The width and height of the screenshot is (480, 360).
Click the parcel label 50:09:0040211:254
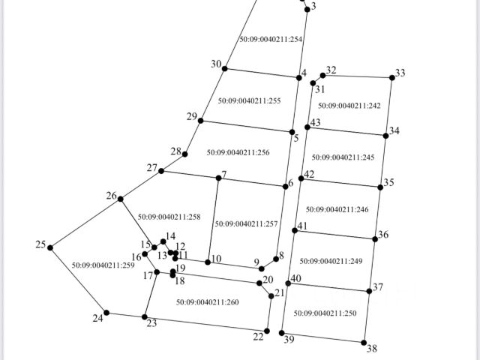click(271, 39)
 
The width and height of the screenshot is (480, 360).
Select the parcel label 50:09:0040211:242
click(349, 106)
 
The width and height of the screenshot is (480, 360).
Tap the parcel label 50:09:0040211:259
click(103, 265)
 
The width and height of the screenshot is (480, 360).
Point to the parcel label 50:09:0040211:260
click(207, 301)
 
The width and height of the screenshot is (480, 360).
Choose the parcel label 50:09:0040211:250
click(325, 313)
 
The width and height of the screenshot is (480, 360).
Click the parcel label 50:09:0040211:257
click(246, 223)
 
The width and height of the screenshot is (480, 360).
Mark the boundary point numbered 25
click(50, 247)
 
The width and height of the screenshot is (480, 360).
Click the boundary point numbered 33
click(392, 77)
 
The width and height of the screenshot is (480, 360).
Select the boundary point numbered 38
click(364, 342)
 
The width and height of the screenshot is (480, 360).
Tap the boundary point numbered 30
click(225, 70)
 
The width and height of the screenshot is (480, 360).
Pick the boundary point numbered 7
click(218, 178)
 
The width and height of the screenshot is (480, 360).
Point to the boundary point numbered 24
click(106, 313)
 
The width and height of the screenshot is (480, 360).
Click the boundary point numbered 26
click(121, 199)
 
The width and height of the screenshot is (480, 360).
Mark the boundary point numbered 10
click(208, 262)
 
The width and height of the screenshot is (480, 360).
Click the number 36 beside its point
click(383, 235)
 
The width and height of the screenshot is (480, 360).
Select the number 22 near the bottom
click(258, 337)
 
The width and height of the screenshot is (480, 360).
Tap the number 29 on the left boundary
click(191, 116)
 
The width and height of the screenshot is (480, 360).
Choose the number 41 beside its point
click(302, 226)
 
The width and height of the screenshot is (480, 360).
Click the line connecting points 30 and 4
click(262, 73)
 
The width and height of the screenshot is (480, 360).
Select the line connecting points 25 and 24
click(78, 280)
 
